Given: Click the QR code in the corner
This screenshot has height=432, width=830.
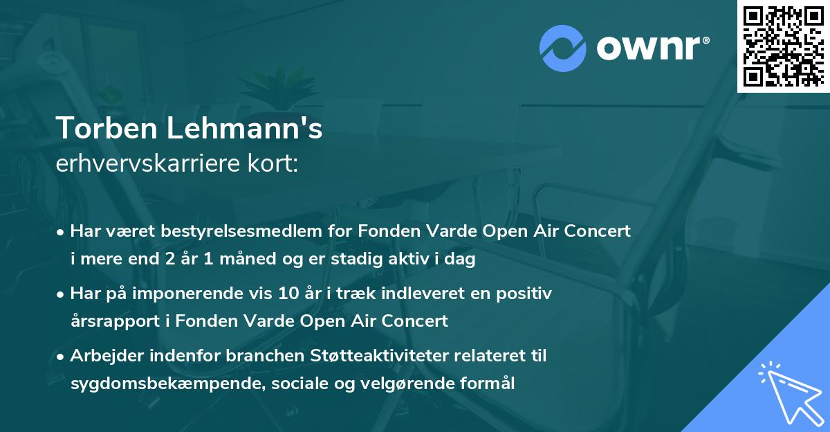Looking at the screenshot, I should [783, 46].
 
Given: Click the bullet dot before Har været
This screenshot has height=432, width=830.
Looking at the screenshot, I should [62, 232].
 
